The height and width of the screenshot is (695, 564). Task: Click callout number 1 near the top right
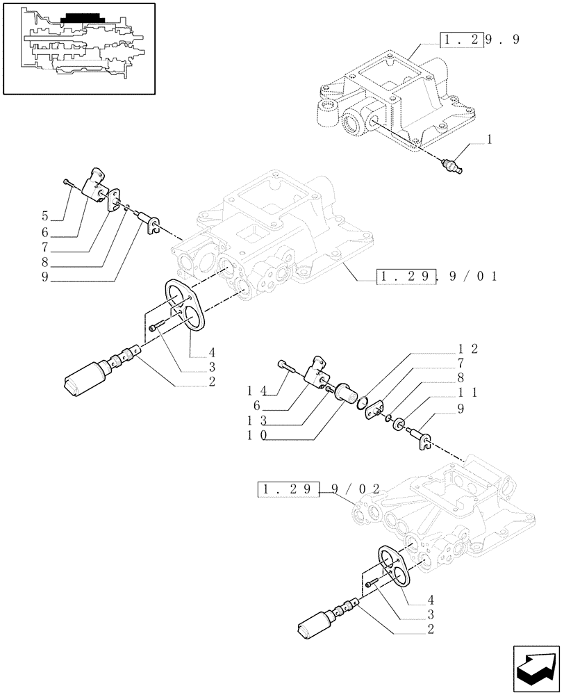coord(490,140)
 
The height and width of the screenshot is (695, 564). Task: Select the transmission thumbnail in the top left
coord(78,47)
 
